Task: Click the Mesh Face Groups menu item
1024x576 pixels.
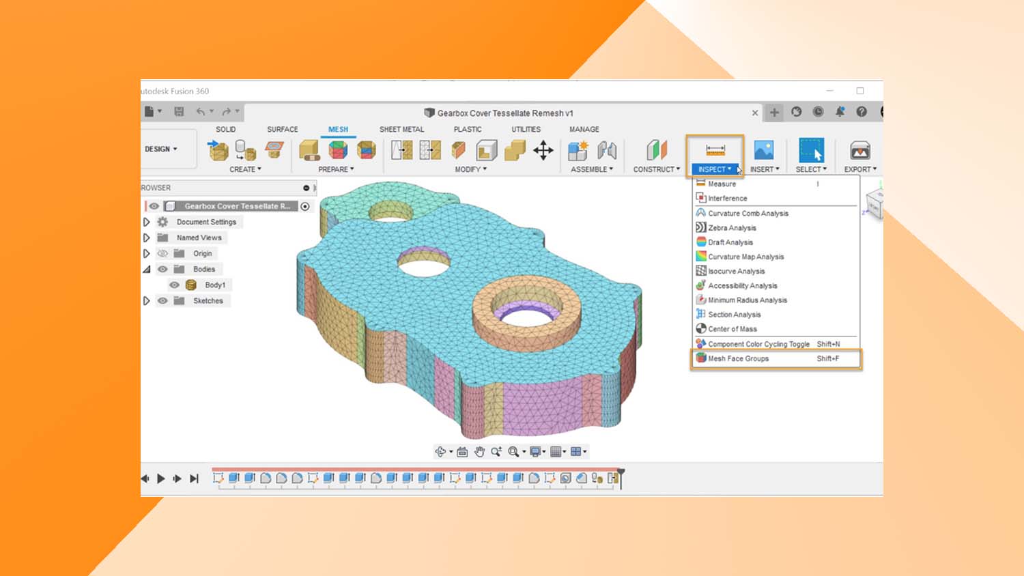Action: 738,358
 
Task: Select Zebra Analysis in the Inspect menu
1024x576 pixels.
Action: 732,228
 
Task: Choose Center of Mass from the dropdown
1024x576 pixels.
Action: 732,329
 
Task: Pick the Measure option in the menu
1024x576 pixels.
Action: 722,184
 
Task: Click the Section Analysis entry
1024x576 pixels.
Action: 734,315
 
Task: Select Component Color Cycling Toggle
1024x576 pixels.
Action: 758,344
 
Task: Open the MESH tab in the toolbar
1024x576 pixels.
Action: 338,129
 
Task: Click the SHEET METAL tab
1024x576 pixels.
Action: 401,129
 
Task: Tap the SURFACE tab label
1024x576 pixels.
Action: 282,129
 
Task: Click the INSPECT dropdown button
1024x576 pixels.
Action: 714,169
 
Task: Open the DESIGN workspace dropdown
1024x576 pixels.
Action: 161,149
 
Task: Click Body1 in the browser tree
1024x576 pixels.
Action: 215,285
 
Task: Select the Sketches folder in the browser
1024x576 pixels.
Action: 208,301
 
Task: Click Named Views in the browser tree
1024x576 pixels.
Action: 199,237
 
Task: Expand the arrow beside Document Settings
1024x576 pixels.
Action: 147,222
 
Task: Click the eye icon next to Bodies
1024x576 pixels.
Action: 162,270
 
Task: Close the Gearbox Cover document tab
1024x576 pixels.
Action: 755,113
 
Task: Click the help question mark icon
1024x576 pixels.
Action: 862,112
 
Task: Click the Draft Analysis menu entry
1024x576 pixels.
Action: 730,242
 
